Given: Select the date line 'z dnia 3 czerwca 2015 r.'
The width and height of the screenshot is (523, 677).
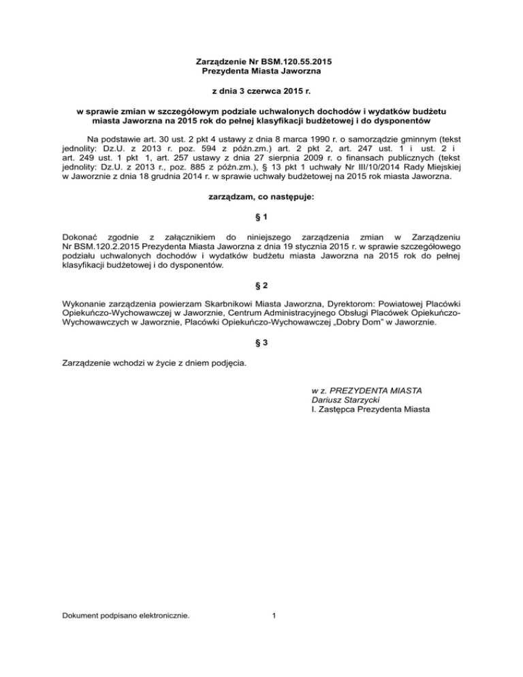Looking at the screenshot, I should pos(261,91).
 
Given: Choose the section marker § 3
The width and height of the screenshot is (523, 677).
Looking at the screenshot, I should pos(261,343).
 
